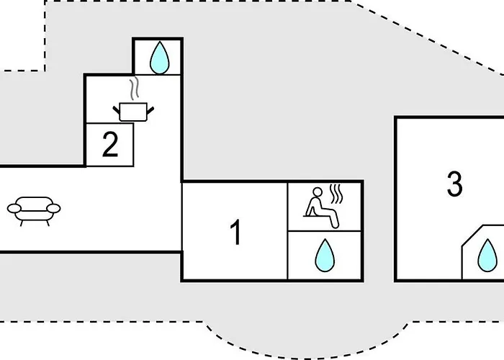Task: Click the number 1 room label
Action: click(236, 232)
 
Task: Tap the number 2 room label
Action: click(110, 144)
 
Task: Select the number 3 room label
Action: click(454, 184)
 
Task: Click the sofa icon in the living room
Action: click(34, 211)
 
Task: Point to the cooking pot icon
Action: click(133, 112)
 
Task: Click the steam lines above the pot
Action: click(135, 88)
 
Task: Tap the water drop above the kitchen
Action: click(159, 58)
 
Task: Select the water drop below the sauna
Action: click(325, 255)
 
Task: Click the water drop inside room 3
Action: click(487, 256)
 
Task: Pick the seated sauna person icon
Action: click(321, 207)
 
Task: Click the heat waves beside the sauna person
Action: click(336, 194)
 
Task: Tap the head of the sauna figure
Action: click(318, 192)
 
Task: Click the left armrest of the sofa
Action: click(14, 208)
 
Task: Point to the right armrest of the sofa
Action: click(53, 208)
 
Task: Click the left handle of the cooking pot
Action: click(117, 110)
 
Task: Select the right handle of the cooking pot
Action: click(150, 110)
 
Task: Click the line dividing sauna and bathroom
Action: click(324, 231)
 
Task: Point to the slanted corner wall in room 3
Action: click(472, 236)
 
